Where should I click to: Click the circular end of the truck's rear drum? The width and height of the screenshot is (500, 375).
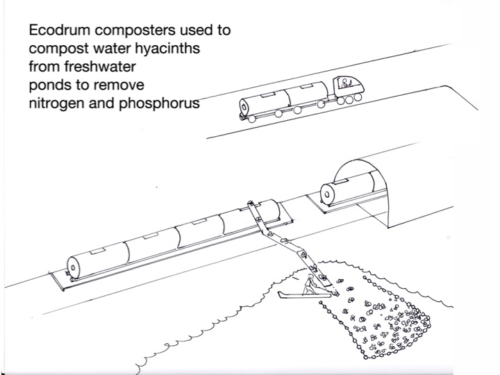point(244,107)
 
